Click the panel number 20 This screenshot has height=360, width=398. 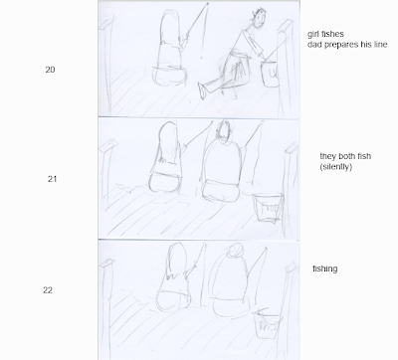click(50, 70)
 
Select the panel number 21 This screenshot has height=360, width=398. click(52, 179)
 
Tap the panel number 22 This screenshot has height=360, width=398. click(48, 290)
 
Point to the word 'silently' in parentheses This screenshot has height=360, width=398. click(336, 167)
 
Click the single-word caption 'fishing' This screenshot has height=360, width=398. click(325, 269)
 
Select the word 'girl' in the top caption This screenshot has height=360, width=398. click(312, 34)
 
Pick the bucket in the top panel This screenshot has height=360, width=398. click(271, 74)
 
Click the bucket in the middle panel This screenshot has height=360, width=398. click(268, 208)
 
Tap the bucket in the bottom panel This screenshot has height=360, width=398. click(268, 324)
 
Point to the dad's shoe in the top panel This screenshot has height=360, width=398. click(202, 90)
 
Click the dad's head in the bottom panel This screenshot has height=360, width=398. click(236, 251)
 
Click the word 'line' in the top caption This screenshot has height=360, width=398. click(380, 45)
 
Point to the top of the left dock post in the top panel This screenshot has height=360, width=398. click(106, 23)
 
